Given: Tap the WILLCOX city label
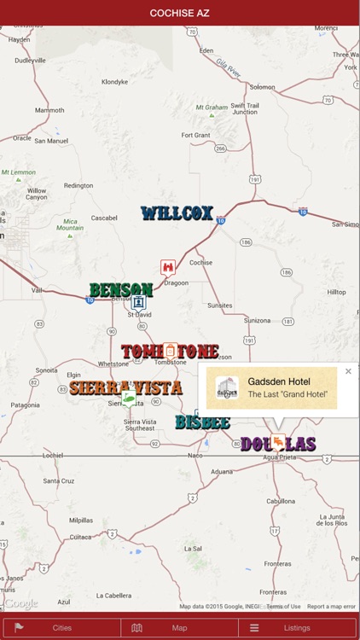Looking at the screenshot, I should (x=177, y=213).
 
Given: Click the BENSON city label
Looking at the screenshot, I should (x=121, y=290).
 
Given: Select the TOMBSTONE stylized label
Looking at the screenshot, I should (x=170, y=352).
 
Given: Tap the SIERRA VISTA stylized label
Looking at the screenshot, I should (x=125, y=387).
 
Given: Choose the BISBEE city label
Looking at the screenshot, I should (x=202, y=422).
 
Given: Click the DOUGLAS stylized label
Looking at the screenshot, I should (x=278, y=444).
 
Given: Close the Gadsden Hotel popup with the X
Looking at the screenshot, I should (x=348, y=371).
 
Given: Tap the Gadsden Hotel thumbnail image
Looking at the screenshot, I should (x=227, y=388).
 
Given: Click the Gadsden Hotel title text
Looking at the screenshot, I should (x=279, y=381).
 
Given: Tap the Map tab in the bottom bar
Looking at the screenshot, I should (x=179, y=628).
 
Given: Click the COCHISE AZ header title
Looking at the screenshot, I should (x=180, y=13).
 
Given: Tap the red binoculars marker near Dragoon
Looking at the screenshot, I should (x=168, y=267).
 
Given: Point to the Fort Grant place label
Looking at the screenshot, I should (x=195, y=135).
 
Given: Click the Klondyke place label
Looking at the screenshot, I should (x=114, y=82).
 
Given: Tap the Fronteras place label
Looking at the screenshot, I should (x=277, y=564).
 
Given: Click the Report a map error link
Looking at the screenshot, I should (x=331, y=607).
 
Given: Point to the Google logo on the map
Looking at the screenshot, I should (x=20, y=603).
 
